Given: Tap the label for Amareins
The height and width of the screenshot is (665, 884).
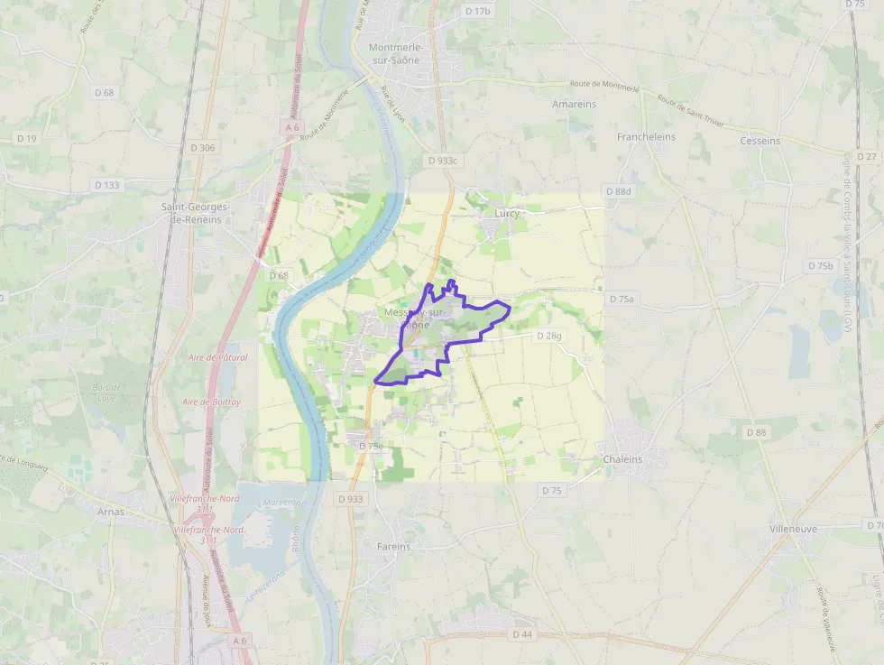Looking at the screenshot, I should [x=574, y=105].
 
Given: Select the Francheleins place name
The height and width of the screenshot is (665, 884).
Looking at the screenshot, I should [x=646, y=137].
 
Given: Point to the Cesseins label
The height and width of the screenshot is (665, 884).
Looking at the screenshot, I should [x=760, y=141].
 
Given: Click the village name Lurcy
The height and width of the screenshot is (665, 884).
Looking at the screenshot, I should [x=508, y=214].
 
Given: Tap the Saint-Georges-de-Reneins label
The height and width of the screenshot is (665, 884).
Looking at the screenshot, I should [x=196, y=213].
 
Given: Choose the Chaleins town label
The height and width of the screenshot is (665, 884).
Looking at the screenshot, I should [x=623, y=459].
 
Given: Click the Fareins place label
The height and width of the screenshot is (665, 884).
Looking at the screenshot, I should [x=392, y=547].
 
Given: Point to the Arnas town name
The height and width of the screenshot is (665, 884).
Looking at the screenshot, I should [x=110, y=512].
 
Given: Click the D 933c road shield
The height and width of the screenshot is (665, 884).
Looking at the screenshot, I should [x=443, y=161].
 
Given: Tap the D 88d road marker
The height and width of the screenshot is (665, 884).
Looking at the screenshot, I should [x=619, y=192].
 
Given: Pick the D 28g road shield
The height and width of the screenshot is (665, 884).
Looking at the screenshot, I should [x=548, y=336].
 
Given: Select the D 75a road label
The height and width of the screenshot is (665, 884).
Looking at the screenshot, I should [x=622, y=299].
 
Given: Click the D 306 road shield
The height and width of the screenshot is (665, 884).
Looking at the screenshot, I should [x=203, y=147].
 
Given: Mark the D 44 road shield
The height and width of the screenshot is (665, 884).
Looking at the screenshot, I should [x=522, y=634].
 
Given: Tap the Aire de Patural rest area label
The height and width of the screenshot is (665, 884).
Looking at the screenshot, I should [x=217, y=357].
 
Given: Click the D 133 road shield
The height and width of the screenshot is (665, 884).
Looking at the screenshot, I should [x=106, y=185].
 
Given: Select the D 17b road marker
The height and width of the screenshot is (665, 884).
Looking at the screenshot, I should [x=478, y=11].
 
